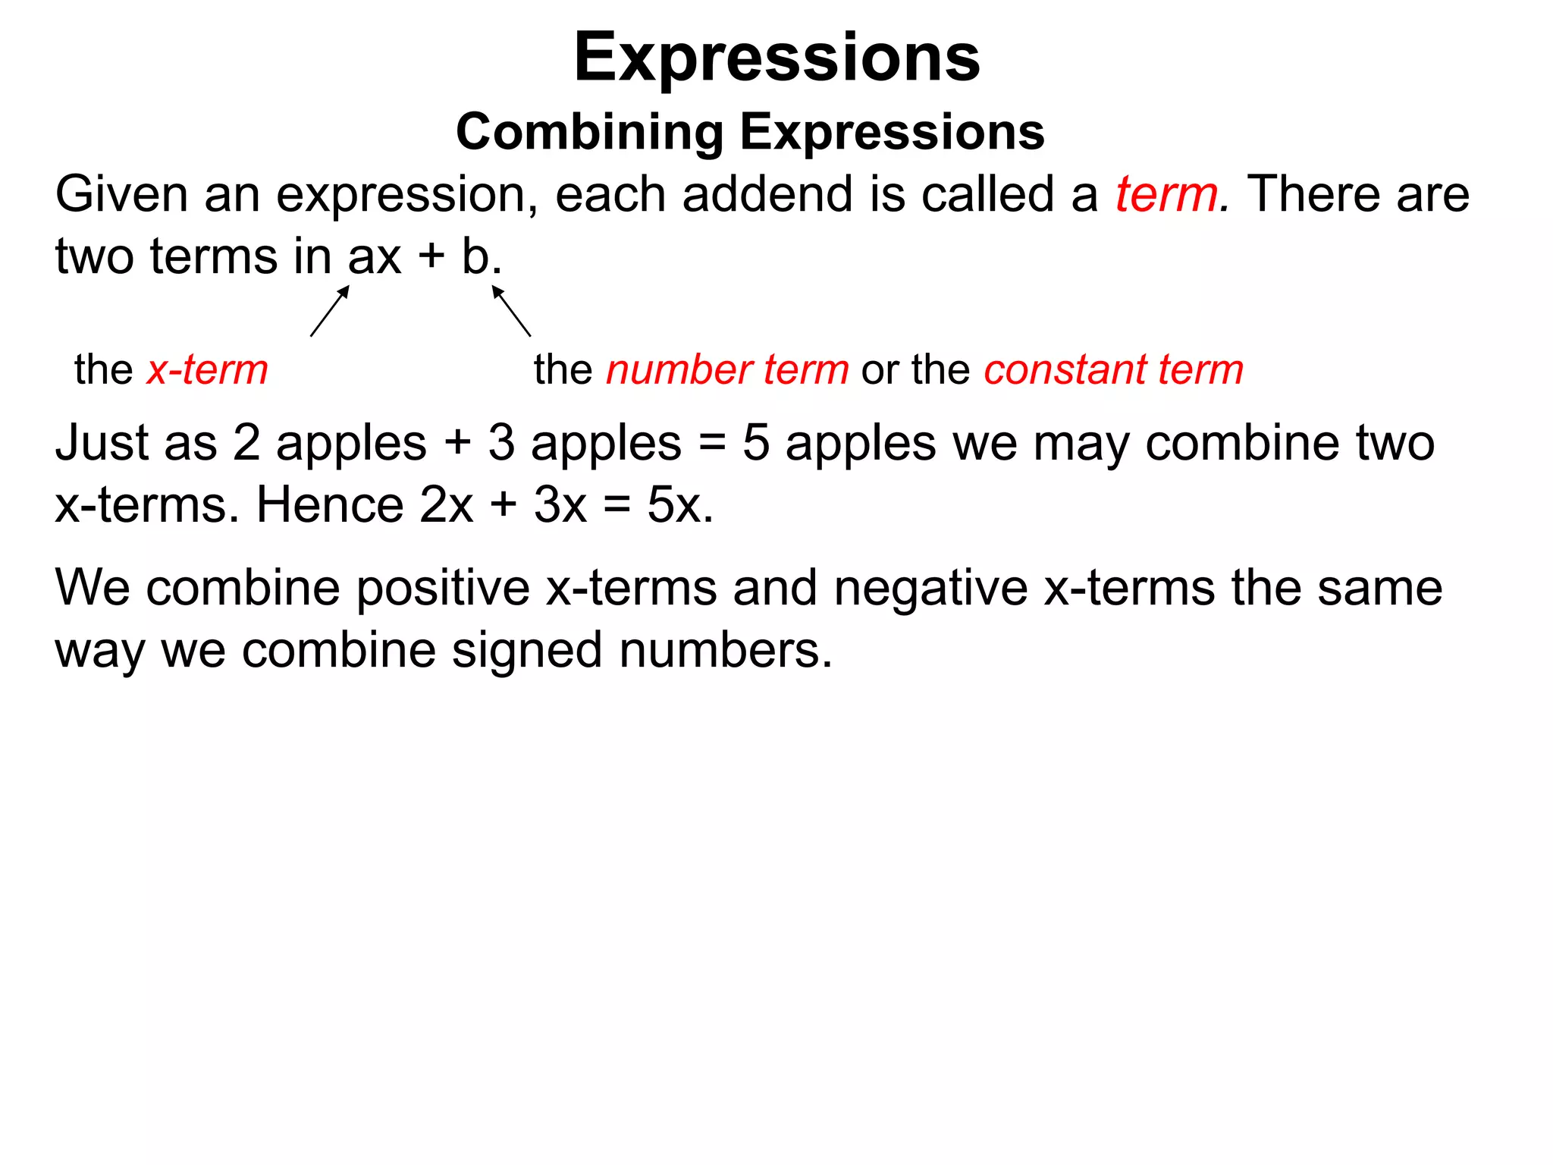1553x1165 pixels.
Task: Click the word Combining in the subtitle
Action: point(590,133)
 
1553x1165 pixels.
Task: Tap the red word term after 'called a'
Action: point(1166,195)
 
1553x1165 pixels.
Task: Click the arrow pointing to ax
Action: point(330,310)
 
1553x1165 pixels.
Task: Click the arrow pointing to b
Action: point(511,310)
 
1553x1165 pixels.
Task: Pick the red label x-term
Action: point(207,370)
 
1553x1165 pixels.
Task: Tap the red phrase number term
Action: point(727,370)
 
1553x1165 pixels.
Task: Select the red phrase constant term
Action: point(1114,370)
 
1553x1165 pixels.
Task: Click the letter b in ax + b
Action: point(475,257)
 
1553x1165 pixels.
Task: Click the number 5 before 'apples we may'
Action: point(755,443)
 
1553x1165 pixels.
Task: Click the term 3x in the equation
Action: point(560,505)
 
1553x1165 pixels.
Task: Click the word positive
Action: point(444,589)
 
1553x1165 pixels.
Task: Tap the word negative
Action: point(930,589)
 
